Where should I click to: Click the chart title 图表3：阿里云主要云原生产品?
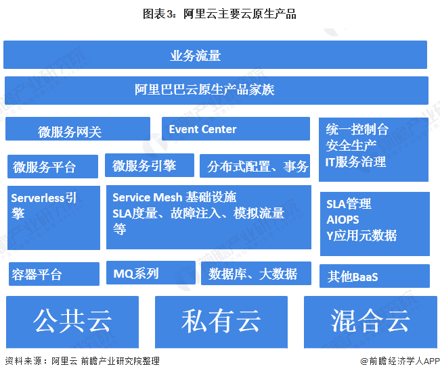[219, 14]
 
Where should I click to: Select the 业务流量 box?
[215, 55]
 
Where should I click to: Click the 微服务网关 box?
[77, 129]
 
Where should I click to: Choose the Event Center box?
[235, 129]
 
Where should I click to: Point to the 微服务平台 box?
[53, 166]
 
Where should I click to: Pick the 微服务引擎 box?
[148, 166]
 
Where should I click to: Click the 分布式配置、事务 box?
[255, 166]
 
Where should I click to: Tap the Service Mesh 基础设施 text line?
[175, 197]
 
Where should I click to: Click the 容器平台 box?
[53, 274]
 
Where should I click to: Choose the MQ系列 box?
[148, 273]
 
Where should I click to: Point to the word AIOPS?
[343, 220]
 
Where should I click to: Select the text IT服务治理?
[356, 161]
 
